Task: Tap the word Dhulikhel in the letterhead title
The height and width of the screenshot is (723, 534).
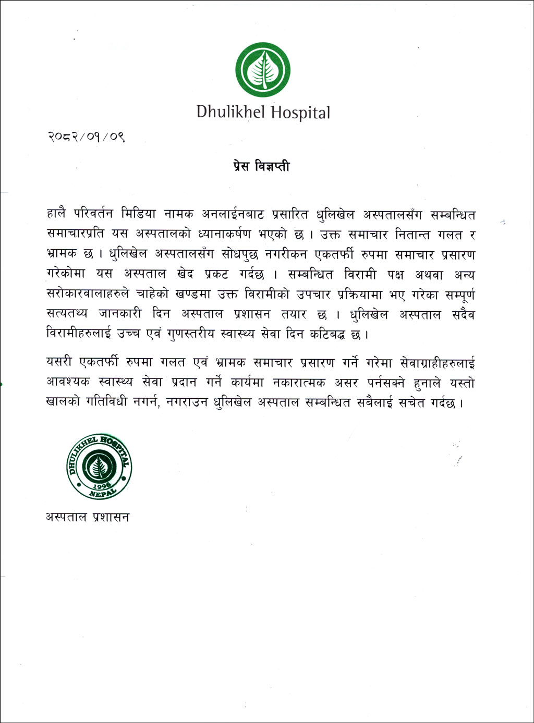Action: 231,112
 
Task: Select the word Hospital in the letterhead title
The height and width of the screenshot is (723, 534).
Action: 300,113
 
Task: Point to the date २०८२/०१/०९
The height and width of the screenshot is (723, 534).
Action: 86,138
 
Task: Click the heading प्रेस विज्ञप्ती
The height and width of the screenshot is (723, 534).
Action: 261,167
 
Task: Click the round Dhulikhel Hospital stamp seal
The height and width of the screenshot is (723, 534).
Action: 99,466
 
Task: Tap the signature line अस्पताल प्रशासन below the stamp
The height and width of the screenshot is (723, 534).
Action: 87,517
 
